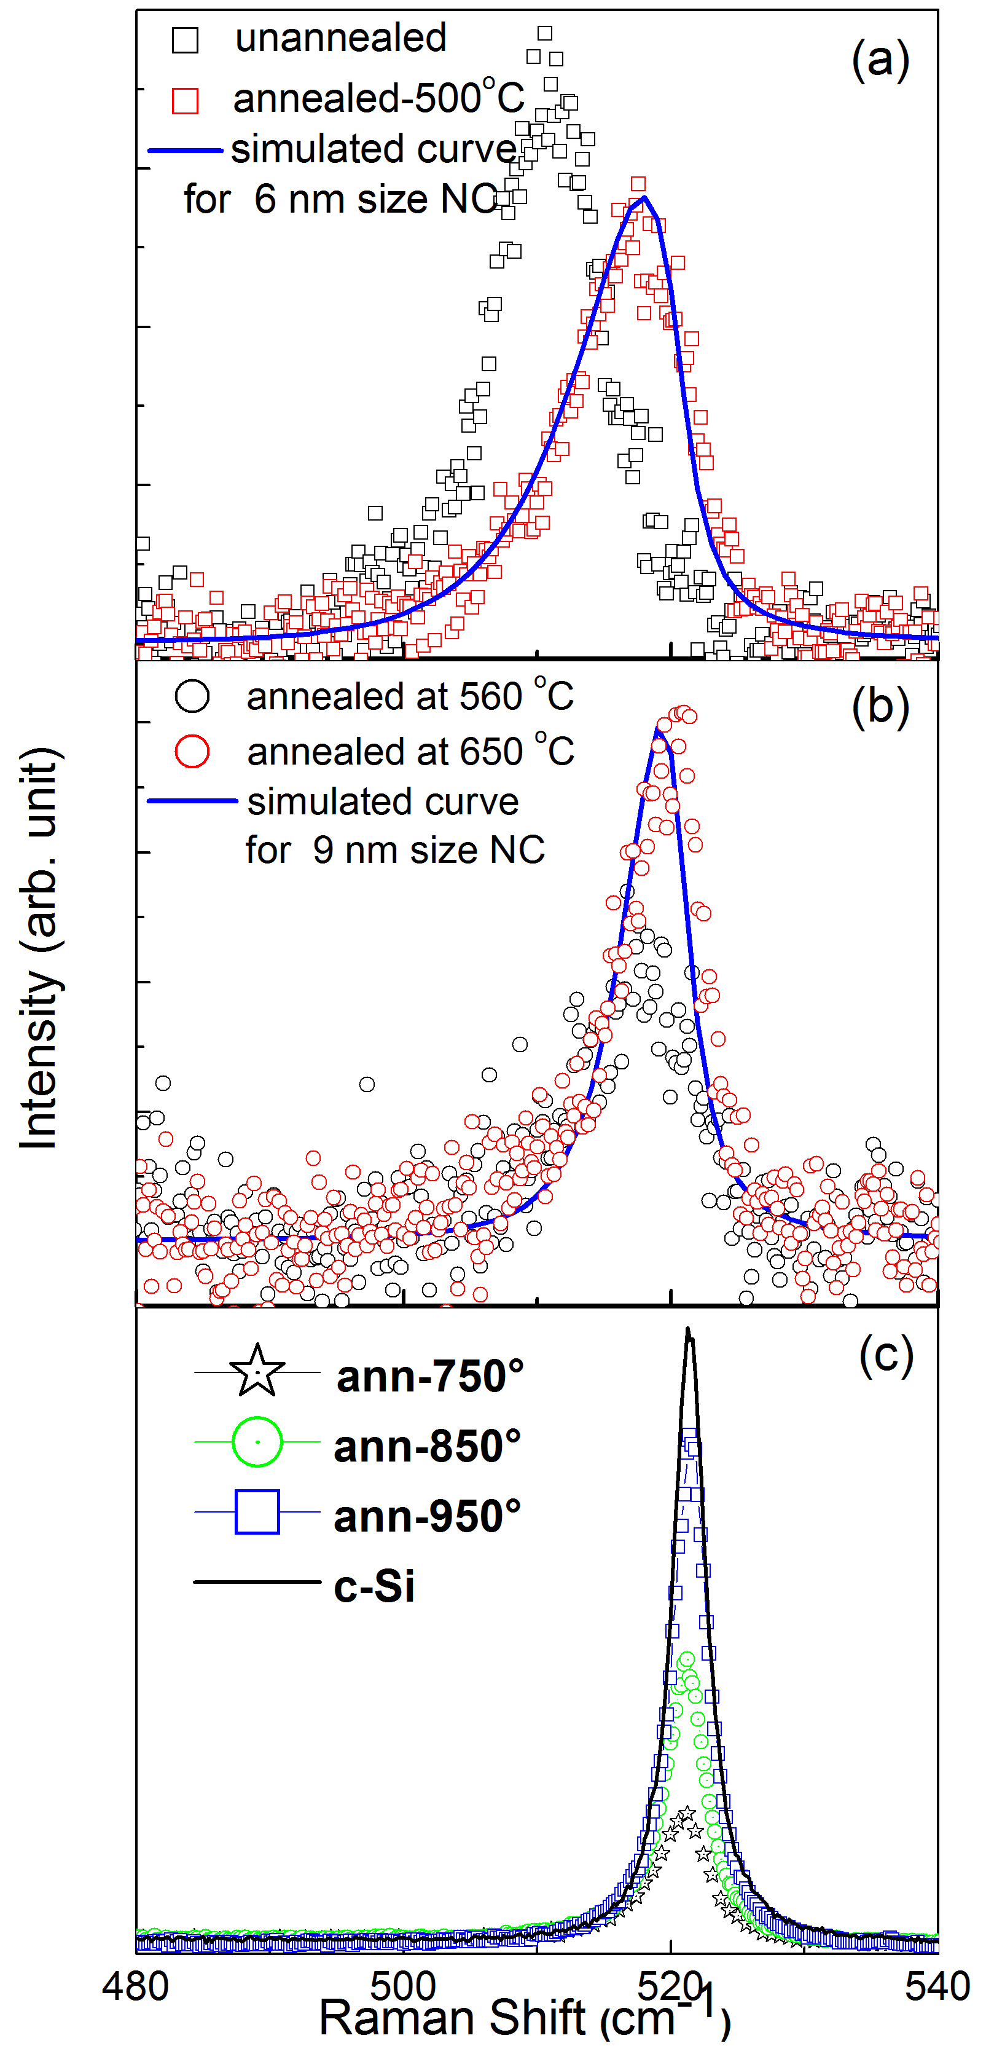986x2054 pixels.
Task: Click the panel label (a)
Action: coord(879,59)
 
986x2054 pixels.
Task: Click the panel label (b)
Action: coord(879,707)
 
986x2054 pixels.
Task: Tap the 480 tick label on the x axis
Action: coord(136,1985)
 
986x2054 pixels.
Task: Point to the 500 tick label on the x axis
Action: coord(404,1985)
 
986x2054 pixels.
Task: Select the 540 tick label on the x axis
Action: coord(937,1985)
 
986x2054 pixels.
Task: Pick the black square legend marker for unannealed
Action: coord(185,40)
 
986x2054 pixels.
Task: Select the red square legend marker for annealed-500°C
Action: coord(185,101)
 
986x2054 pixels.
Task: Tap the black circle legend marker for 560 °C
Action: coord(192,696)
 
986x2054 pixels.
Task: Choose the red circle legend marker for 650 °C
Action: coord(192,751)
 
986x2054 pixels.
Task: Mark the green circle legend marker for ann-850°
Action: coord(257,1442)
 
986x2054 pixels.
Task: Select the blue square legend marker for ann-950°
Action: coord(257,1511)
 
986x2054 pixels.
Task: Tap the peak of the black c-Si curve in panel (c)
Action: coord(688,1330)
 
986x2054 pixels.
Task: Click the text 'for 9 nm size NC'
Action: coord(394,850)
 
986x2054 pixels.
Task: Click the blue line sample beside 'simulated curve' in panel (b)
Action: coord(192,801)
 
